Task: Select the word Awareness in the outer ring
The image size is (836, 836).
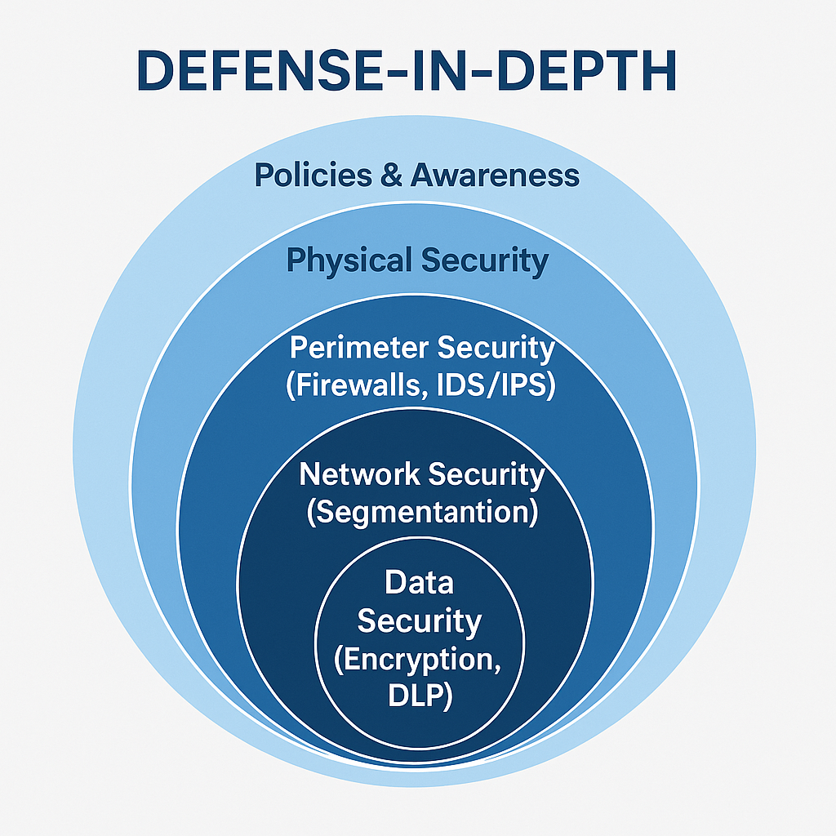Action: [495, 175]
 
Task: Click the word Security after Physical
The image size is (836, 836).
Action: [486, 261]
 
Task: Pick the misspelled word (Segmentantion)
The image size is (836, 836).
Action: [422, 511]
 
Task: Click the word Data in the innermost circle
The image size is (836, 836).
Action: [419, 583]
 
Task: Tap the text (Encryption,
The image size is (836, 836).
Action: [419, 659]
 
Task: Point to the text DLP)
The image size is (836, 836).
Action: [419, 696]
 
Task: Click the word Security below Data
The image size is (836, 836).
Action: [419, 621]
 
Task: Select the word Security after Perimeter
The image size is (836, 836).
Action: [496, 348]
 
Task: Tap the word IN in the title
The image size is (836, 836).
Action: [434, 72]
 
